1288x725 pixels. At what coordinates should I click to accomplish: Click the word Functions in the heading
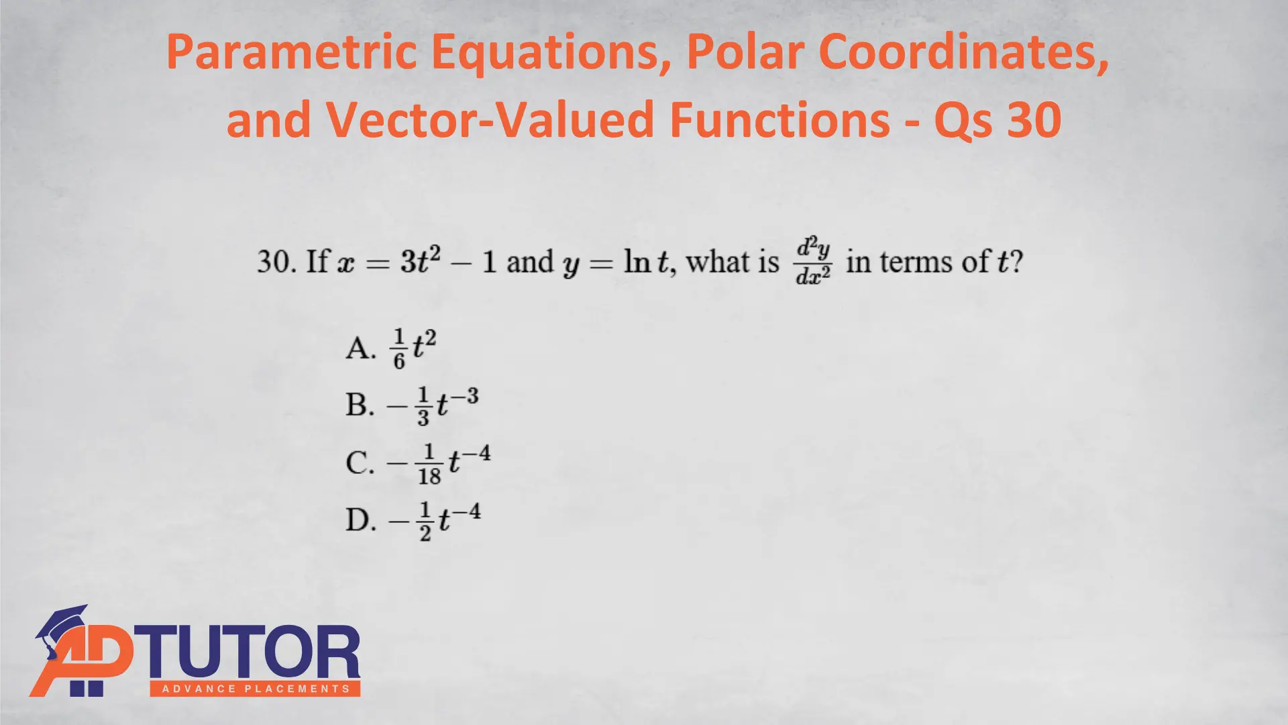(780, 119)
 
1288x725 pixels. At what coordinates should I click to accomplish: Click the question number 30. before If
(276, 261)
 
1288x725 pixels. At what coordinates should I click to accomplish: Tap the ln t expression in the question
(647, 261)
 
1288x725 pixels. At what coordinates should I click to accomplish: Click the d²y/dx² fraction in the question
(813, 260)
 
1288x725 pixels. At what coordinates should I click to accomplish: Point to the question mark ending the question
(1017, 261)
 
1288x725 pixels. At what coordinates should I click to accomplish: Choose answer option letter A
(360, 348)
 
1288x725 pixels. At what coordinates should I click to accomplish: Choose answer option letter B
(360, 405)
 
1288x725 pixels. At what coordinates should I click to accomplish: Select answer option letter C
(360, 463)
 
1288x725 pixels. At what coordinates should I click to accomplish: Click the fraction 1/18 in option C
(429, 464)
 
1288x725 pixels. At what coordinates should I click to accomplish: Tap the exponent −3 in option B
(464, 397)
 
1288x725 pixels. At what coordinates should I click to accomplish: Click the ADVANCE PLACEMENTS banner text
(256, 689)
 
